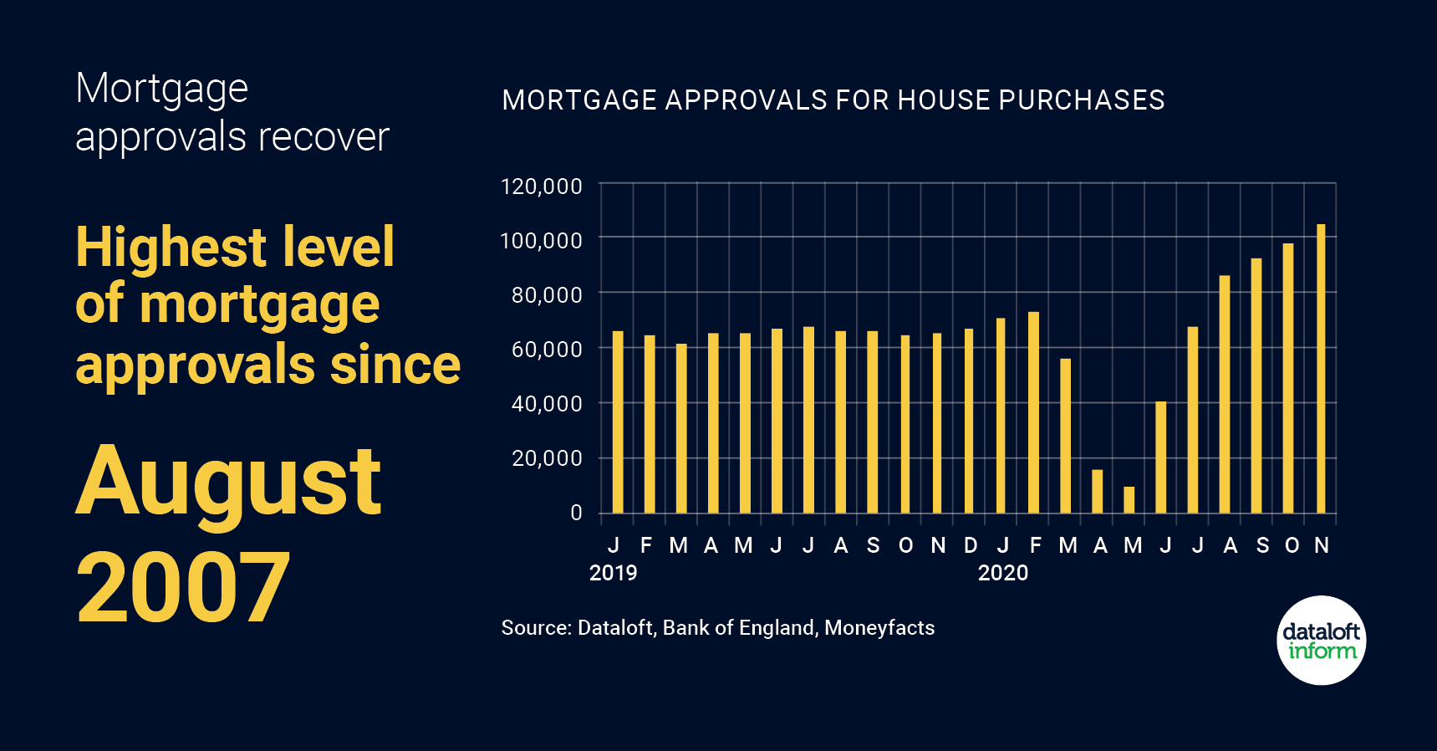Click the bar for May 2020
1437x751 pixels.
(1129, 500)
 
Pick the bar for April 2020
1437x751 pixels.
(1098, 492)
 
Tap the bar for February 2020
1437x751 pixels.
(1034, 412)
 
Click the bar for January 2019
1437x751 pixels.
(618, 422)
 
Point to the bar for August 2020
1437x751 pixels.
(1225, 394)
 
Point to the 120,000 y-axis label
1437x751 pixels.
(541, 186)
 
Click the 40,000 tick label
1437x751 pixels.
(547, 404)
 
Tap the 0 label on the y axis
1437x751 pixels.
(576, 513)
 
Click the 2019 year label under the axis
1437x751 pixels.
(613, 573)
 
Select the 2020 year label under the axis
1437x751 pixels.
(1002, 573)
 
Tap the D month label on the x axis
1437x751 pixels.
(971, 545)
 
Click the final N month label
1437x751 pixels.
(1322, 545)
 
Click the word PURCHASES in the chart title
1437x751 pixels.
(1081, 100)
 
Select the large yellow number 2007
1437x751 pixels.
(183, 588)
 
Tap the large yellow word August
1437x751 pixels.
(228, 483)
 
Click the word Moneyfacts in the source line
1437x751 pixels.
(879, 628)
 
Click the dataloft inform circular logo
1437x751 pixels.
(1321, 641)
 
